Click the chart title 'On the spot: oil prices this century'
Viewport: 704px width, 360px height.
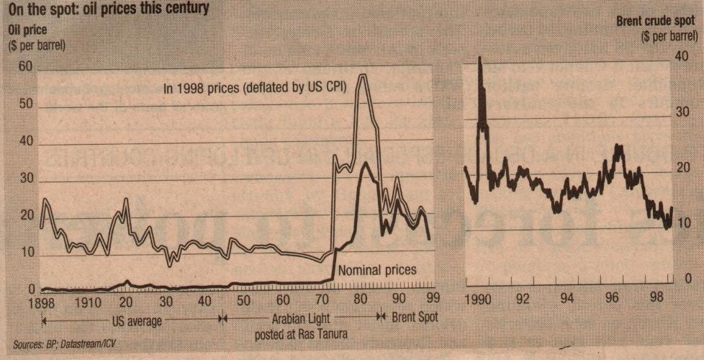(109, 9)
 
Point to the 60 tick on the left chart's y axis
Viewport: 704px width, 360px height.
(26, 67)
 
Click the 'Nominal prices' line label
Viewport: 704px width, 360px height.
(377, 270)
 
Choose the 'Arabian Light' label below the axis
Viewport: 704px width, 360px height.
(297, 317)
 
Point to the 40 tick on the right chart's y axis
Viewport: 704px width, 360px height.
(682, 58)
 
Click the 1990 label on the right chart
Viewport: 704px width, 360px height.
(477, 297)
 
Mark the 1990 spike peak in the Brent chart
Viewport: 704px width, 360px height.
(480, 58)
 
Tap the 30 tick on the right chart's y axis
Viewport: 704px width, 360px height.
(682, 113)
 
